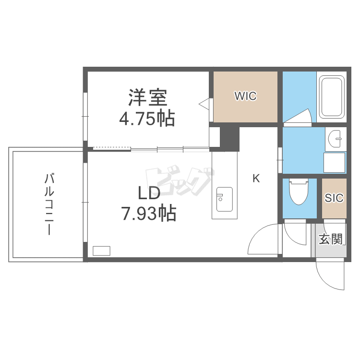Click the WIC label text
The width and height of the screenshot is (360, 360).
pyautogui.click(x=245, y=96)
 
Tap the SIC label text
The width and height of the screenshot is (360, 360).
pyautogui.click(x=334, y=198)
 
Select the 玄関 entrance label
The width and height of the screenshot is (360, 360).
pyautogui.click(x=331, y=239)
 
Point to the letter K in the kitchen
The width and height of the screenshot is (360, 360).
pyautogui.click(x=256, y=179)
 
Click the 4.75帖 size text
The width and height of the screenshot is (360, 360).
pyautogui.click(x=147, y=118)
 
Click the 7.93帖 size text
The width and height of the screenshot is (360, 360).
pyautogui.click(x=149, y=213)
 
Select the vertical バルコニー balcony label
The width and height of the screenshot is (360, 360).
pyautogui.click(x=48, y=204)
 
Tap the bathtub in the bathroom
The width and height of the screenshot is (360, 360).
pyautogui.click(x=331, y=97)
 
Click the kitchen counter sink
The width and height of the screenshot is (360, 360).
pyautogui.click(x=224, y=199)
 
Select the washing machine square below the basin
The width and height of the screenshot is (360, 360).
pyautogui.click(x=335, y=162)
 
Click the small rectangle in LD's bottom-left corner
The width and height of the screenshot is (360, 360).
pyautogui.click(x=101, y=250)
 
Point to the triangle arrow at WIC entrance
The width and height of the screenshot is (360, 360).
pyautogui.click(x=204, y=103)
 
